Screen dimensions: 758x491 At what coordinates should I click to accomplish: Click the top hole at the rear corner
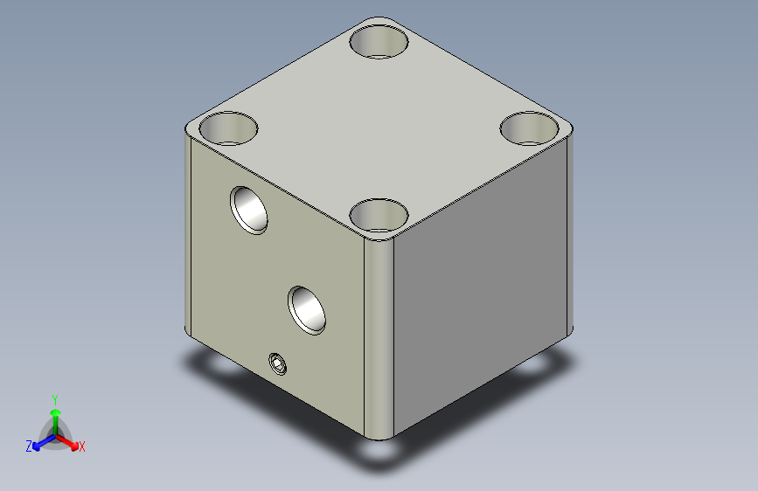pos(379,42)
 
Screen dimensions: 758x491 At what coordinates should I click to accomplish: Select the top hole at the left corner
pos(228,128)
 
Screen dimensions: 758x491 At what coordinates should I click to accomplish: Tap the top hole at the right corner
pos(529,128)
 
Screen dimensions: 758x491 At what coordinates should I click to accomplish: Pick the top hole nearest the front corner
pos(379,216)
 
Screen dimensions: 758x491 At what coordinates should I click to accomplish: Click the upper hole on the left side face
pos(249,211)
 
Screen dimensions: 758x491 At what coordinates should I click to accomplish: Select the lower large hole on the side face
pos(307,310)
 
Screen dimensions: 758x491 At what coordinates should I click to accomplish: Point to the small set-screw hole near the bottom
pos(277,363)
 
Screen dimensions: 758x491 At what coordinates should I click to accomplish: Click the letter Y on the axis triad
pos(55,400)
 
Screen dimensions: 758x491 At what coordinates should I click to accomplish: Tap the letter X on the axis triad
pos(81,446)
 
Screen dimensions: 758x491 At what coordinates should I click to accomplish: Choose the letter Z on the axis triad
pos(29,446)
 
